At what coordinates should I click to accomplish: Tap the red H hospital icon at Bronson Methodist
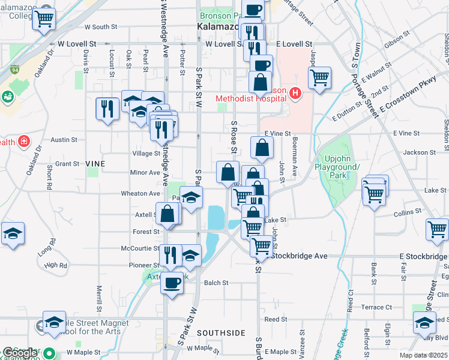295,93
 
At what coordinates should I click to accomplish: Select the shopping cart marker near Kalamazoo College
44,19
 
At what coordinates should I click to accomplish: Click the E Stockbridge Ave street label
299,256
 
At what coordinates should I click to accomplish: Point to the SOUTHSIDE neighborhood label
221,332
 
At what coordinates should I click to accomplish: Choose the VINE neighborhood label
95,164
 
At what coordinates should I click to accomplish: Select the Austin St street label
64,140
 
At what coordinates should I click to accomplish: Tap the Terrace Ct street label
376,307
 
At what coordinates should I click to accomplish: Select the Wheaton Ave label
141,194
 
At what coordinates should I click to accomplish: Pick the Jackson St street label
419,152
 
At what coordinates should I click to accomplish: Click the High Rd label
55,265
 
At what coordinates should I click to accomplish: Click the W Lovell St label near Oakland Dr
76,44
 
